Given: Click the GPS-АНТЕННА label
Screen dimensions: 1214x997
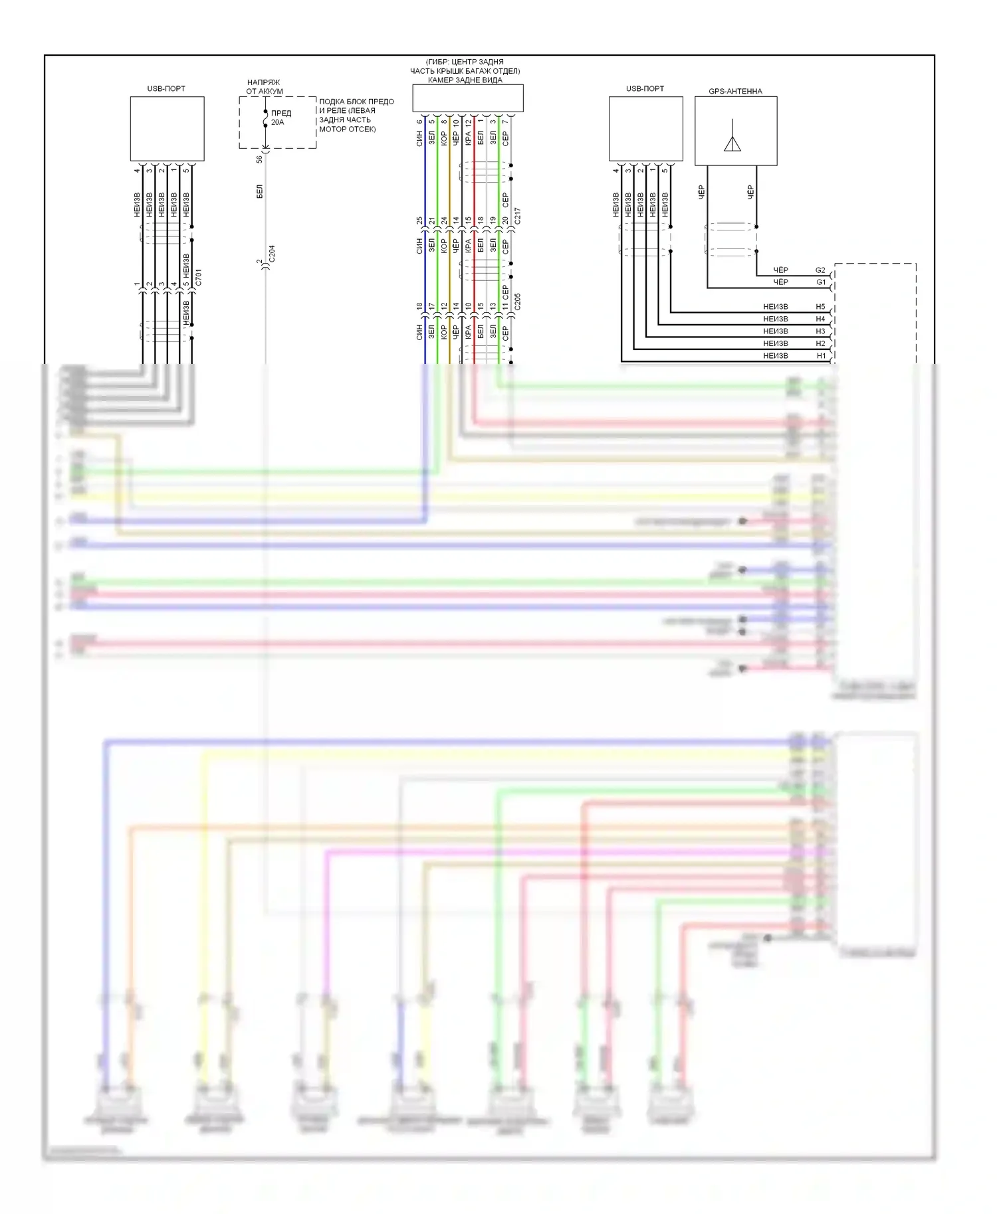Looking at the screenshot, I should pos(735,91).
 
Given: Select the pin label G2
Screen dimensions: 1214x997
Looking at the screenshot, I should pos(820,270).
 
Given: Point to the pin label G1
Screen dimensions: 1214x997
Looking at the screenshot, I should pos(820,282).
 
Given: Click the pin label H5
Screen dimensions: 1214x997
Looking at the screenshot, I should pos(820,307).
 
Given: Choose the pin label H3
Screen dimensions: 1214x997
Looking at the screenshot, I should pos(820,331).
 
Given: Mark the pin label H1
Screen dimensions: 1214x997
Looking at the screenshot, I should pos(820,356).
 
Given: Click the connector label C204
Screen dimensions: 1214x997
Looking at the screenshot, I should pos(271,254).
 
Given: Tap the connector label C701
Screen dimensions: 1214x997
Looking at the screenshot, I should pos(198,278).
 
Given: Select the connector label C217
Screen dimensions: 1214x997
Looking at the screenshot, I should pos(517,216).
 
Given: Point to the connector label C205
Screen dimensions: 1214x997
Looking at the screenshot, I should pos(517,302).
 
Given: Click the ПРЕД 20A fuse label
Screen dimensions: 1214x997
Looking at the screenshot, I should pos(280,118).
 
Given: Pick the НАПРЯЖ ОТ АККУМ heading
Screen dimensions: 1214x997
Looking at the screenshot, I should pos(264,87).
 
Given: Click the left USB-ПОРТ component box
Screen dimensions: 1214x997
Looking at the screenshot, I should pos(167,129).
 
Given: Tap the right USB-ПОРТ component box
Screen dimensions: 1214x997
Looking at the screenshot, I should pos(645,129).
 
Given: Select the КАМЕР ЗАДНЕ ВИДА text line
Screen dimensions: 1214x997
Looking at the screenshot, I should pos(465,80).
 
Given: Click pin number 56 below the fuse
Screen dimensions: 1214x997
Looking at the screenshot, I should pos(259,159).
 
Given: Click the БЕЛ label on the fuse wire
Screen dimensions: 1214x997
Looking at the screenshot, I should pos(259,191).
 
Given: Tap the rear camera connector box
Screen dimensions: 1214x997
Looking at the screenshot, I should pos(467,98).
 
